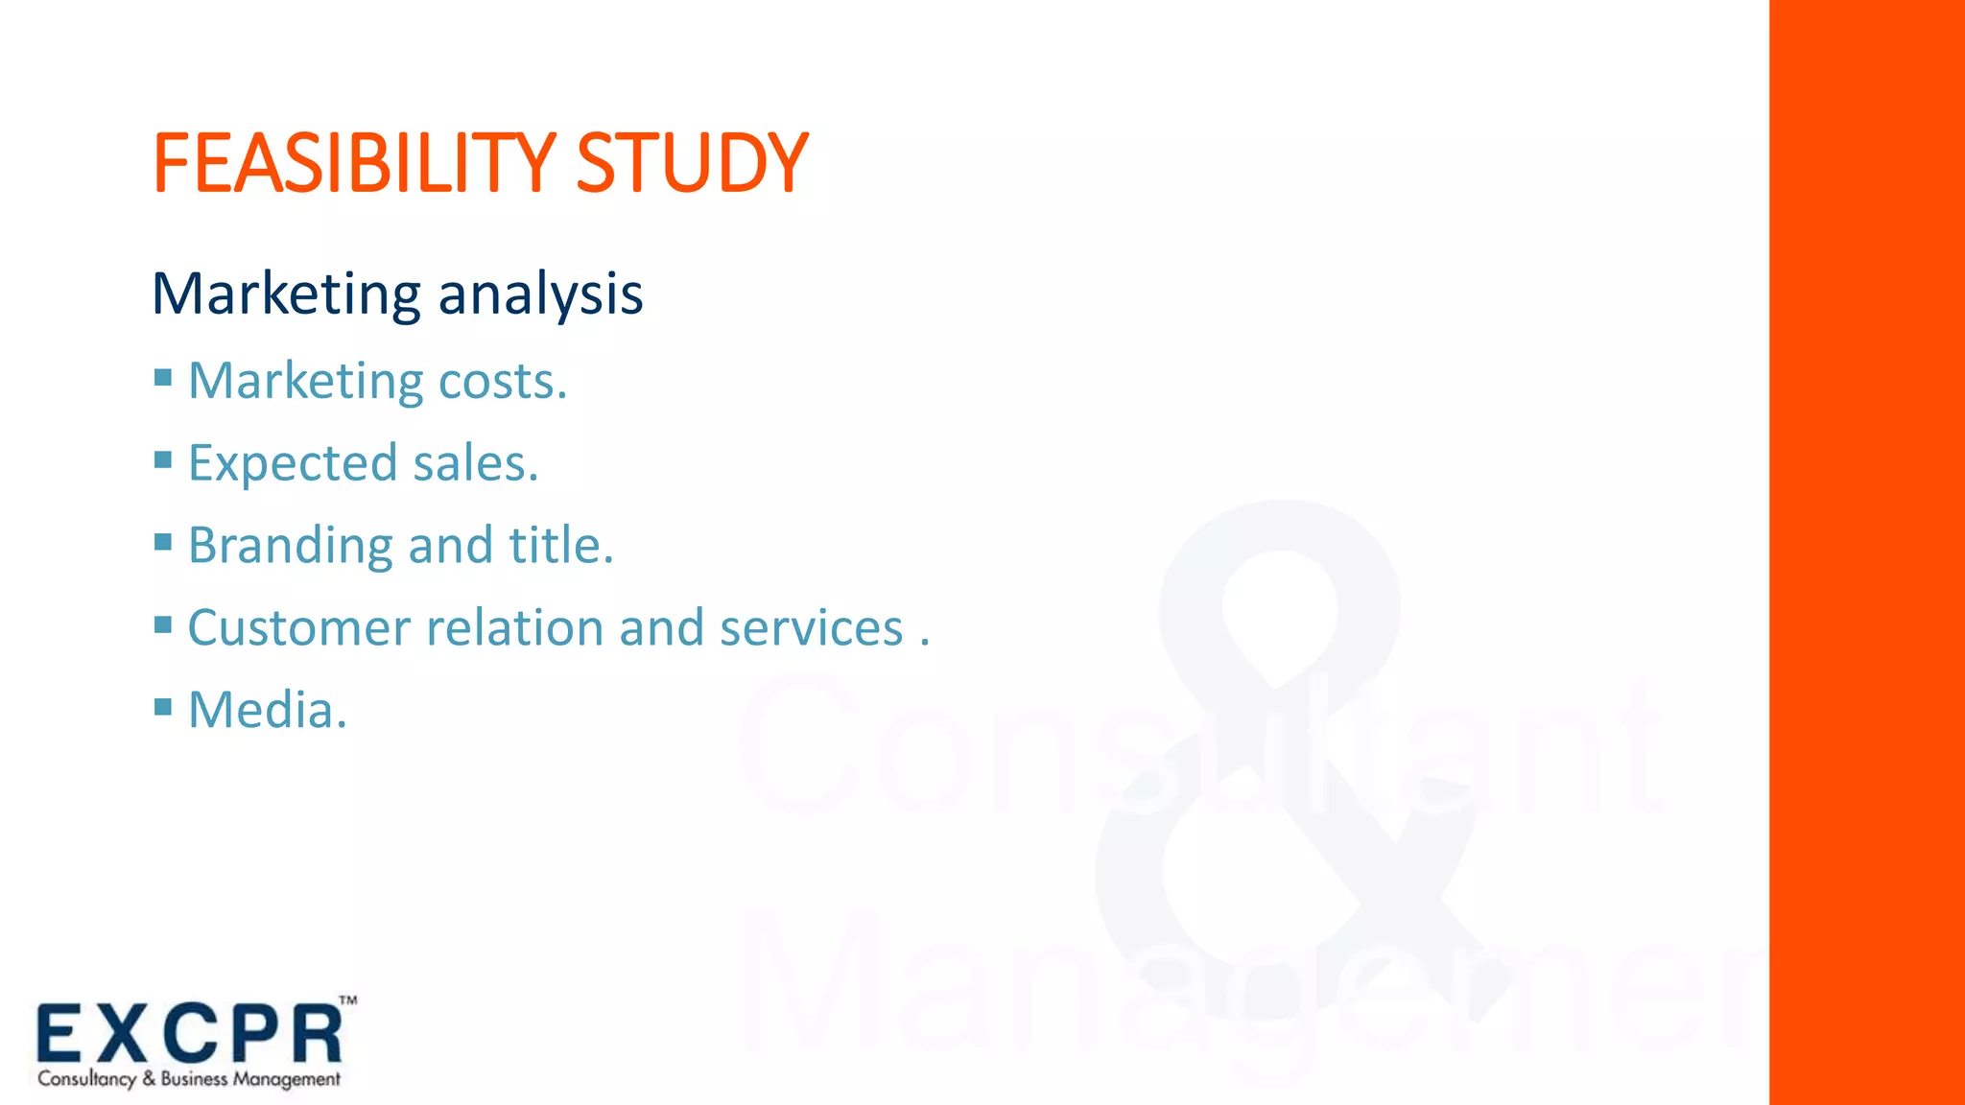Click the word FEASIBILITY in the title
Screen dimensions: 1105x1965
[353, 163]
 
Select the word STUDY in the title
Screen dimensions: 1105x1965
[692, 163]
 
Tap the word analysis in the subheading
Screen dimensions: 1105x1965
[540, 294]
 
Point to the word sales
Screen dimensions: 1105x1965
[475, 464]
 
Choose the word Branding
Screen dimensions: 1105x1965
[290, 547]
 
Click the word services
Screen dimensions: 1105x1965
[812, 629]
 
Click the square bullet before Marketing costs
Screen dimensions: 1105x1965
[163, 377]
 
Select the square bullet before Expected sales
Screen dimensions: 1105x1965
[163, 459]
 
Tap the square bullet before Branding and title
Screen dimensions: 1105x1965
[163, 542]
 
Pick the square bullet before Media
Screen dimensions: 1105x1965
[163, 708]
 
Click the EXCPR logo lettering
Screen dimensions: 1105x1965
[189, 1034]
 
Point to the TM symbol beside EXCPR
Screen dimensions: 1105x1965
[348, 1000]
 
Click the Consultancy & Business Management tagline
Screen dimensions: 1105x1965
[189, 1079]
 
